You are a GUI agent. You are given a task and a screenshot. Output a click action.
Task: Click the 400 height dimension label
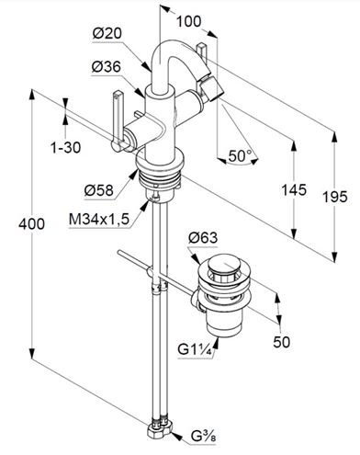click(x=31, y=224)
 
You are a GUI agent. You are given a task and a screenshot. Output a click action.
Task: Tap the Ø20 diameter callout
click(x=107, y=33)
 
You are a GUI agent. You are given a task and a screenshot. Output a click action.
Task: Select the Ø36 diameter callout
click(x=107, y=66)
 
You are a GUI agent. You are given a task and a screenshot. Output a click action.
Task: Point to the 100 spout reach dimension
click(x=189, y=21)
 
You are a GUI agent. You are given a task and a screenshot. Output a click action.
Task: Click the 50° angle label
click(x=241, y=156)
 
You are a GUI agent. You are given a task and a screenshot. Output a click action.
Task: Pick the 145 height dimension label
click(x=294, y=190)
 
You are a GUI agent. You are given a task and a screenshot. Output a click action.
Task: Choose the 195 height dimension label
click(x=335, y=197)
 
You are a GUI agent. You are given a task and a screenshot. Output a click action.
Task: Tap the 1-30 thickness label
click(x=66, y=148)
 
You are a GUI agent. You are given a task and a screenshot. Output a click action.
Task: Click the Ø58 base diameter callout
click(x=99, y=190)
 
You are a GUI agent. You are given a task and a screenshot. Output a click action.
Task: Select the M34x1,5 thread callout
click(x=99, y=220)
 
